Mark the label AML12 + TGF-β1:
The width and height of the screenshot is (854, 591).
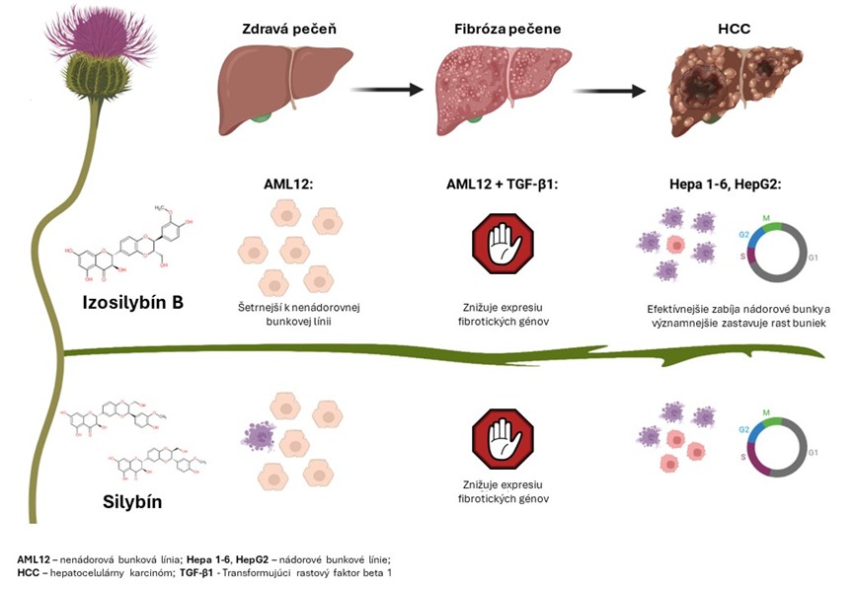[x=502, y=183]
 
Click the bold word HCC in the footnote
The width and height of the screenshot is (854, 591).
[x=28, y=573]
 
